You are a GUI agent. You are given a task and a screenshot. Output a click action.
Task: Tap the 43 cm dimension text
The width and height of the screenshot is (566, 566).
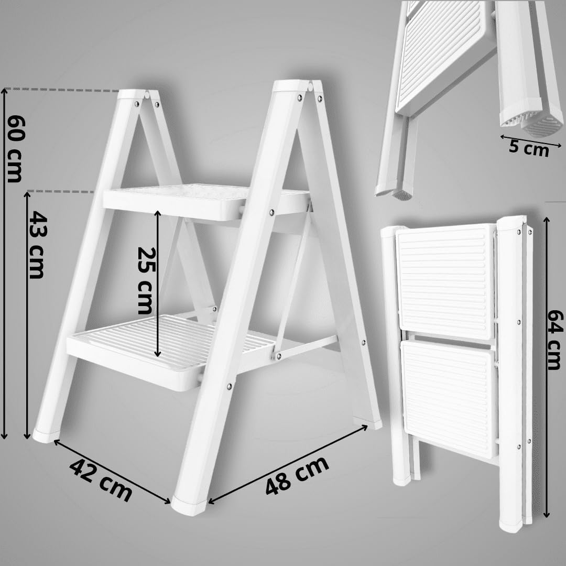point(37,244)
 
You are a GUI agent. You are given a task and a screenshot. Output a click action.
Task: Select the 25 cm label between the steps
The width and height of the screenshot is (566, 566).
point(144,280)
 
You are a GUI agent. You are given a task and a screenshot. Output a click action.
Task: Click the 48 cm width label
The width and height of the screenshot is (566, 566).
point(297,475)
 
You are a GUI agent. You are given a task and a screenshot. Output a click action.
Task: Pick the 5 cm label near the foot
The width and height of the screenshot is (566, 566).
point(528,148)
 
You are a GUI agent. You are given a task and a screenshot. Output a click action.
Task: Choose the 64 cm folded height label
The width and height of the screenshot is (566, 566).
point(554,340)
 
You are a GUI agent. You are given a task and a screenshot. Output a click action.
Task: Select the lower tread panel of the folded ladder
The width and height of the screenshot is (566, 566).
point(449,398)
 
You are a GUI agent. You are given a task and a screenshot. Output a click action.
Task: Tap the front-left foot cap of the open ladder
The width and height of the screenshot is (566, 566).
point(46,435)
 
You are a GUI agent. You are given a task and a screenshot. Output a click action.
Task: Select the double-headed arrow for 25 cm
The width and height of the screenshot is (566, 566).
point(157,283)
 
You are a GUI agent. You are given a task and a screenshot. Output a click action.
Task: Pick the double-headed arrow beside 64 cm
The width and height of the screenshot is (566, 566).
point(547,367)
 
